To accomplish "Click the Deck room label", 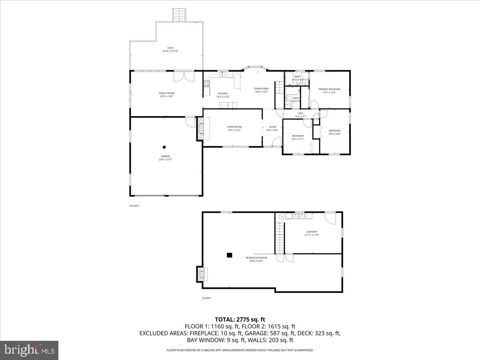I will pyautogui.click(x=170, y=48).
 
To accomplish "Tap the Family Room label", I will pyautogui.click(x=166, y=93).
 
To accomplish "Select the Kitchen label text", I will pyautogui.click(x=223, y=94).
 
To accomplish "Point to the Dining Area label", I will pyautogui.click(x=261, y=88).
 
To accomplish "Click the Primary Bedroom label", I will pyautogui.click(x=329, y=89).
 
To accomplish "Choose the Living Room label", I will pyautogui.click(x=234, y=127).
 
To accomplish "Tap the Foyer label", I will pyautogui.click(x=272, y=127).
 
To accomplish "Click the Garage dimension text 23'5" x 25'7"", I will pyautogui.click(x=165, y=160).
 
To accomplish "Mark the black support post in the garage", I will pyautogui.click(x=164, y=147).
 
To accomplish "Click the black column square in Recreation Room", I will pyautogui.click(x=229, y=254).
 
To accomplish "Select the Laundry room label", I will pyautogui.click(x=312, y=232).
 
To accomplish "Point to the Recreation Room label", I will pyautogui.click(x=256, y=258).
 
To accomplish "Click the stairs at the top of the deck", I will pyautogui.click(x=179, y=15).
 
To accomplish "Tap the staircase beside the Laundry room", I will pyautogui.click(x=279, y=238).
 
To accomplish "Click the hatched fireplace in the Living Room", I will pyautogui.click(x=200, y=128).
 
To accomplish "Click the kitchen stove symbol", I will pyautogui.click(x=207, y=84).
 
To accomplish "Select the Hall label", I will pyautogui.click(x=301, y=113).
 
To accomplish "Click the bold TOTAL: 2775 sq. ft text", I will pyautogui.click(x=240, y=319).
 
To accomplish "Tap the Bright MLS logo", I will pyautogui.click(x=29, y=350).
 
